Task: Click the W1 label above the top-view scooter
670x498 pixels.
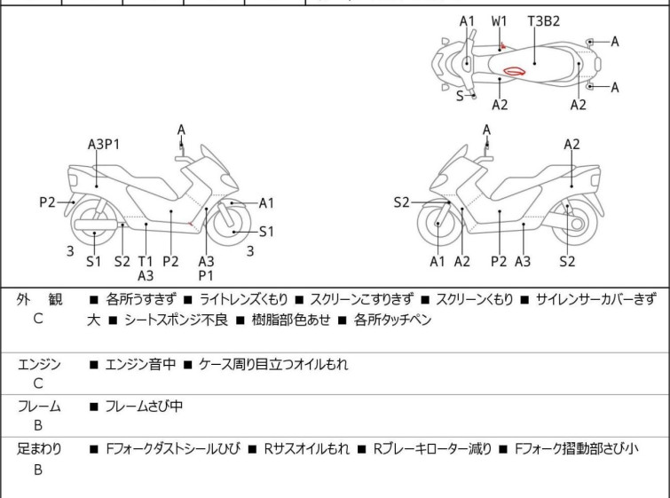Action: pos(500,20)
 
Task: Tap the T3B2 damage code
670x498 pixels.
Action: pos(542,20)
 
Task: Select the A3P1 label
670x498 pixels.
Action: pos(104,145)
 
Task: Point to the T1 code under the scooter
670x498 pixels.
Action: pos(146,261)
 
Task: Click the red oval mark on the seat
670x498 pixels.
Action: pos(514,71)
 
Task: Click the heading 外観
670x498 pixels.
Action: pos(38,301)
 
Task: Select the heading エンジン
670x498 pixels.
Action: pos(40,364)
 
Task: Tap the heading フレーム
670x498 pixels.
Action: pos(40,407)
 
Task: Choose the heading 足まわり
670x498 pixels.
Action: pos(40,449)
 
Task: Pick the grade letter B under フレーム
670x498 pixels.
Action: pos(38,426)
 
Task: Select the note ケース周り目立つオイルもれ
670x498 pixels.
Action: pos(273,364)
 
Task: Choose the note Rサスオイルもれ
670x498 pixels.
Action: pos(306,449)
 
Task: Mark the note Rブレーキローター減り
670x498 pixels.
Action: pos(432,449)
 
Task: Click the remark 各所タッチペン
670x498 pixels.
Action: pos(392,320)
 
